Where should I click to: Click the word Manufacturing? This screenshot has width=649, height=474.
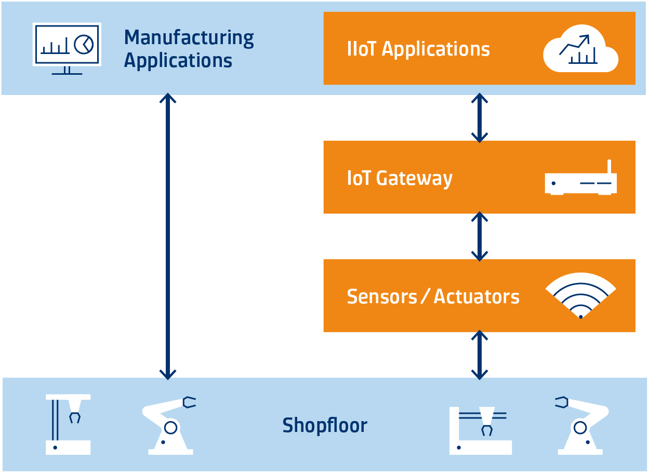(x=189, y=38)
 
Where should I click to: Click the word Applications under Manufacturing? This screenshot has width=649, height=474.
(x=178, y=61)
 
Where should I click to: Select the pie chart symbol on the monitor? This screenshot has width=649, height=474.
(x=83, y=44)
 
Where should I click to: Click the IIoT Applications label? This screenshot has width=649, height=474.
(x=418, y=49)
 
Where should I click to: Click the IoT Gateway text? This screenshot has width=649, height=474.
(x=400, y=178)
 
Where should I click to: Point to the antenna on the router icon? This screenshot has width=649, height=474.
(x=610, y=167)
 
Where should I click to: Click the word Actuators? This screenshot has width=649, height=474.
(x=476, y=296)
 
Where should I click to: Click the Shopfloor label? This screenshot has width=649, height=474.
(x=325, y=426)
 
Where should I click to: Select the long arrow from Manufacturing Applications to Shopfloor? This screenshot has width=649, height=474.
(x=167, y=236)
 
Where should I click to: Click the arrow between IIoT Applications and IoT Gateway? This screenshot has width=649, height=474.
(x=479, y=118)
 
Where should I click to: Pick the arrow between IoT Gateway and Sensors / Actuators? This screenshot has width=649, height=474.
(x=479, y=236)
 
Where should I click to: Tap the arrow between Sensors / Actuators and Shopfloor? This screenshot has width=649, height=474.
(x=479, y=355)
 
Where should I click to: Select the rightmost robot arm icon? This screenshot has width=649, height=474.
(x=581, y=426)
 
